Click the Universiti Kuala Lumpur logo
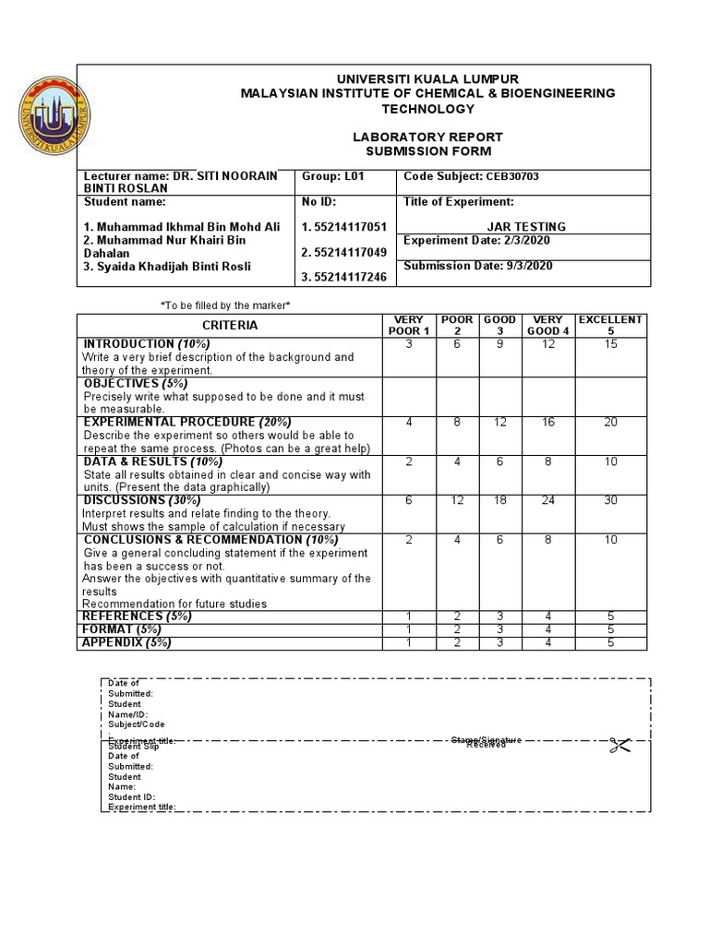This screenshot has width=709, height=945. (54, 116)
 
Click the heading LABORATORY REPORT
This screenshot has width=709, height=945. (427, 137)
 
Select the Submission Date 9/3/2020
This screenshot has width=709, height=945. (478, 266)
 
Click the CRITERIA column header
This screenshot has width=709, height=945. (230, 325)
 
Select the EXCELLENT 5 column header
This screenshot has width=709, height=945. (610, 325)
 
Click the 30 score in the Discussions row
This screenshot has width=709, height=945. (610, 501)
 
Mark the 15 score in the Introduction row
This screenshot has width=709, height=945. (610, 344)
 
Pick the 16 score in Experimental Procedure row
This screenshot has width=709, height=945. (547, 423)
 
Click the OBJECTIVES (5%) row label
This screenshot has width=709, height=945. (135, 383)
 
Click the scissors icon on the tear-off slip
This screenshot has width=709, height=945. (618, 745)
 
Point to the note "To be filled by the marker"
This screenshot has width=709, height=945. (226, 305)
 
